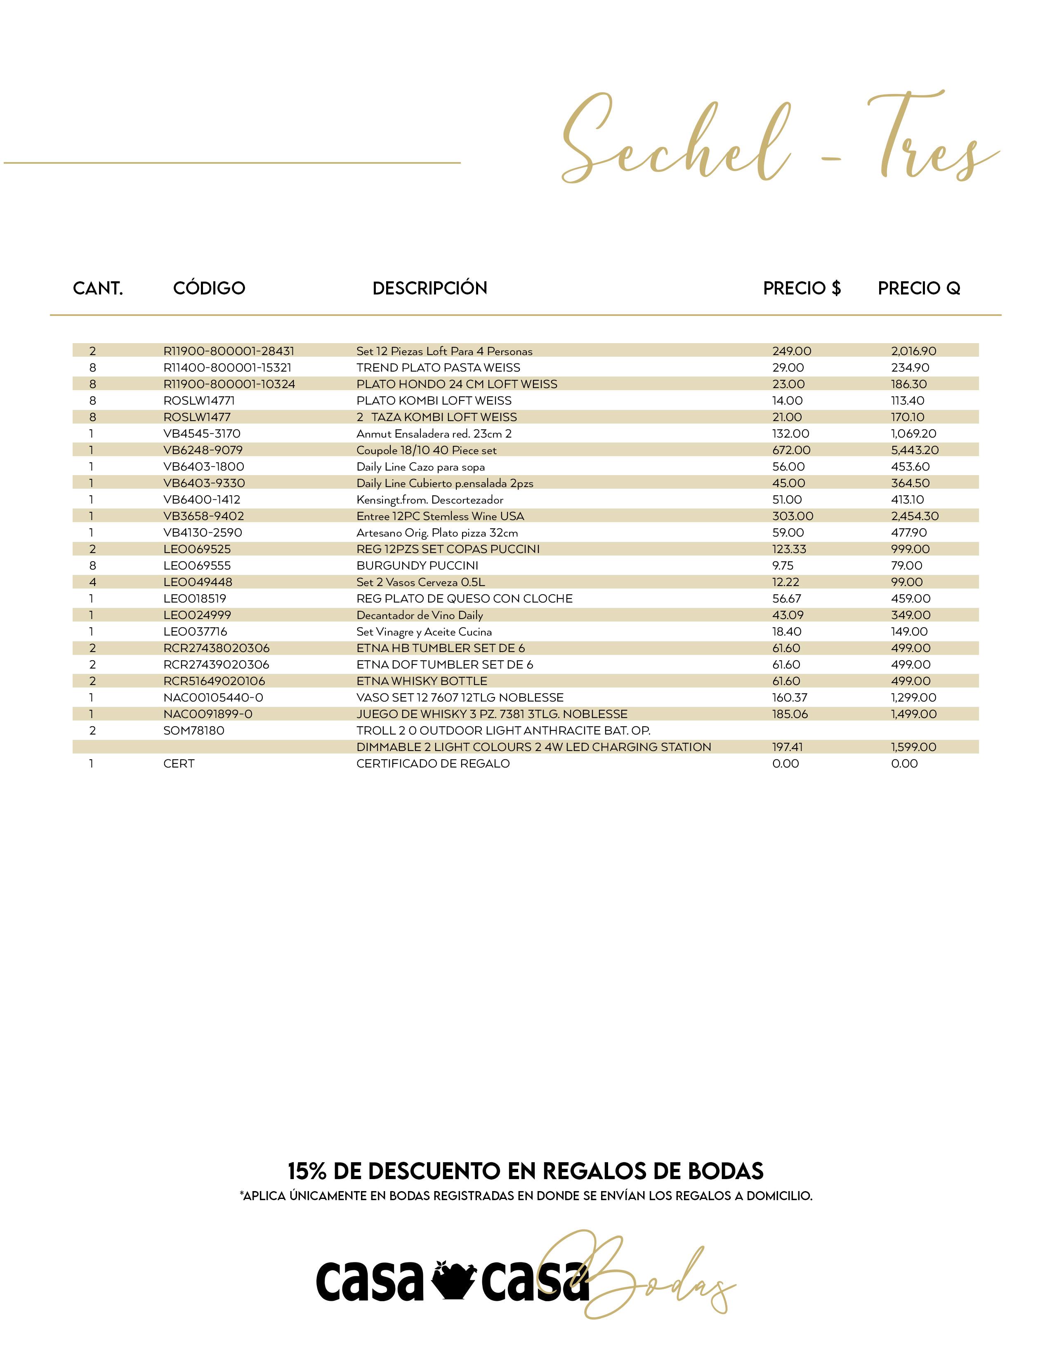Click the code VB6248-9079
(203, 450)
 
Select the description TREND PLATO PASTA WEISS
(438, 367)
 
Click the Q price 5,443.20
(914, 450)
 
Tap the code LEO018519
(194, 598)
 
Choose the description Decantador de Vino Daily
(420, 615)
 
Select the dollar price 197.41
(787, 746)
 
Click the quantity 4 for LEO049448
(92, 582)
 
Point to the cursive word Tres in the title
(929, 140)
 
